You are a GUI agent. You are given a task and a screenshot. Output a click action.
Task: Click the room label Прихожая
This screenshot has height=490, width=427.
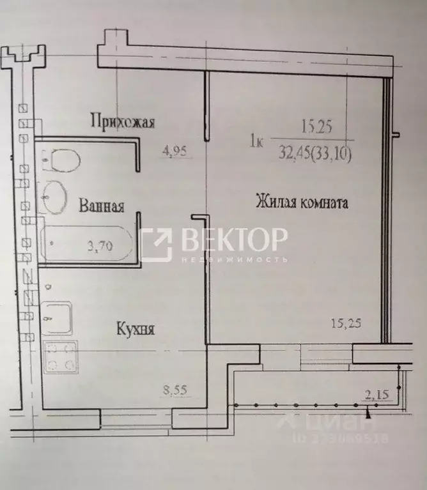123,121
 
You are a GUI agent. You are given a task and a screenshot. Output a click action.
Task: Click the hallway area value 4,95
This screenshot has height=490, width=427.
175,151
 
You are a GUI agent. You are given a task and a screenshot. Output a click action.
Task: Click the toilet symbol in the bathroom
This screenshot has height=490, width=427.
61,159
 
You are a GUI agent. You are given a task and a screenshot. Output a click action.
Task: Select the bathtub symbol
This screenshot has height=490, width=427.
86,243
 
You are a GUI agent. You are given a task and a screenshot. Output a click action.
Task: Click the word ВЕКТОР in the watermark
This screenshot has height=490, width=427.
233,240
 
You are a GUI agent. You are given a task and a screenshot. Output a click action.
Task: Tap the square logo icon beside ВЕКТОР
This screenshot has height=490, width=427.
156,245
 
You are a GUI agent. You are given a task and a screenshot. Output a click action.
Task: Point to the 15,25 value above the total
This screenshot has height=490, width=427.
316,127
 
